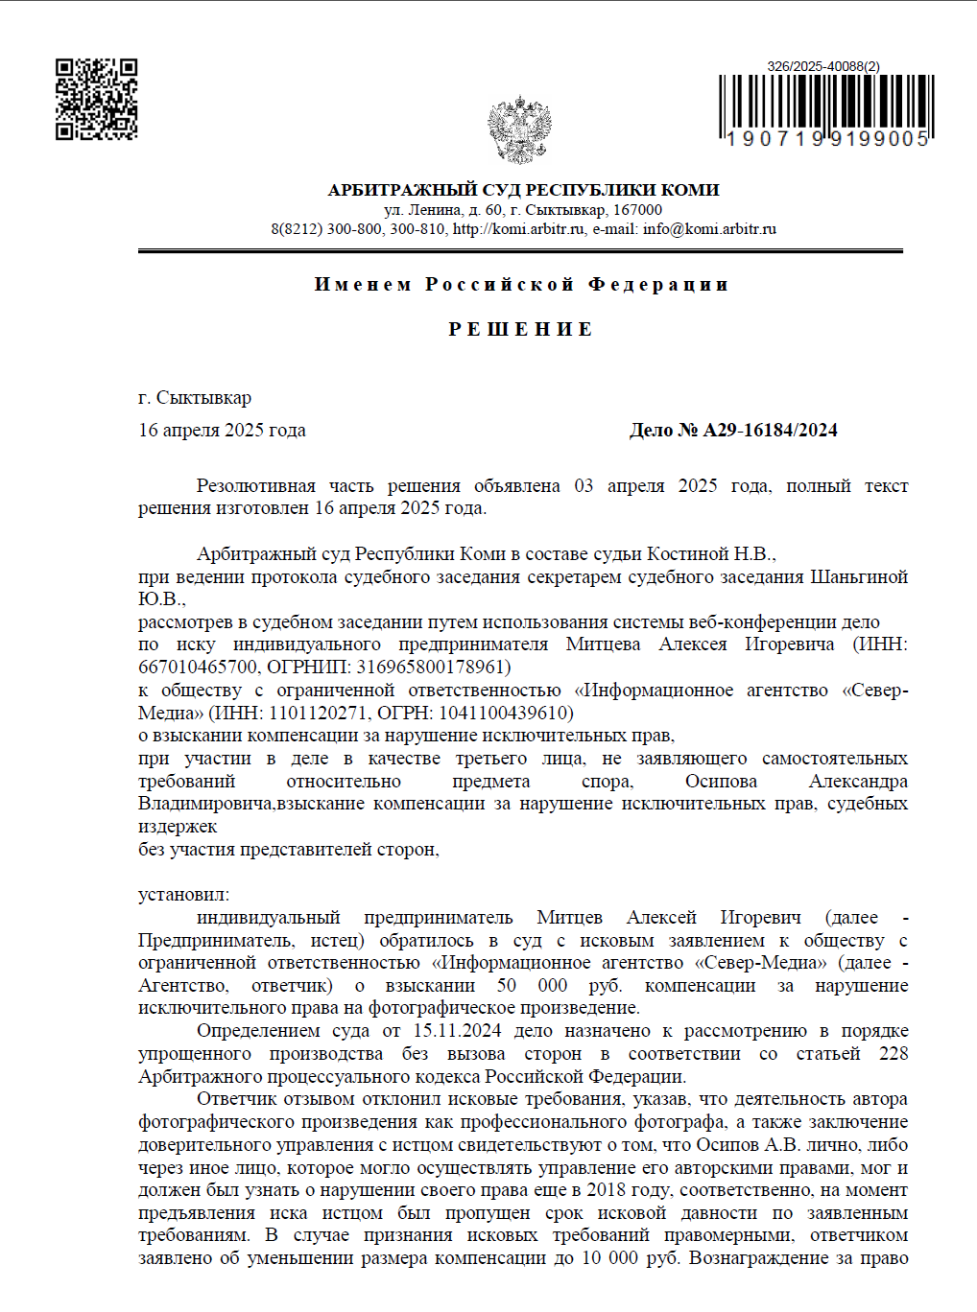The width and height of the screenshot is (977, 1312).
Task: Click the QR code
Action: [96, 99]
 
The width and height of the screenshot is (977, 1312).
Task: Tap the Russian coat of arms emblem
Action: [519, 129]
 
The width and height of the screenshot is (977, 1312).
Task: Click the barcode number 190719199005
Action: [826, 139]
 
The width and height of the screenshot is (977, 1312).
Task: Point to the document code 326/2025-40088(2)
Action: [822, 66]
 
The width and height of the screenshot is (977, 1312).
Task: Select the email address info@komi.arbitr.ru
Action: [709, 229]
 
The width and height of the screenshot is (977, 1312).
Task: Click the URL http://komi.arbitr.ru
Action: [518, 229]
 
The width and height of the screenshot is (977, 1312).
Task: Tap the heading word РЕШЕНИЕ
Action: [521, 329]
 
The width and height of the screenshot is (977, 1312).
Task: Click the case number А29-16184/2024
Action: [770, 431]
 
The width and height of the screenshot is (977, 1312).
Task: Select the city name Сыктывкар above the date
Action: [203, 398]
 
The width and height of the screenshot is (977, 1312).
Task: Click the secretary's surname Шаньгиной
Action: [859, 577]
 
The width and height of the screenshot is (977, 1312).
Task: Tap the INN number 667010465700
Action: [198, 668]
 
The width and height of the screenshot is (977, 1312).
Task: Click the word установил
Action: [183, 895]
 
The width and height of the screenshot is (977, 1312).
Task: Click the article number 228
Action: [893, 1054]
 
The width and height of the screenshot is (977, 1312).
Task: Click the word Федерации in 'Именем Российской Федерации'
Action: [658, 285]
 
